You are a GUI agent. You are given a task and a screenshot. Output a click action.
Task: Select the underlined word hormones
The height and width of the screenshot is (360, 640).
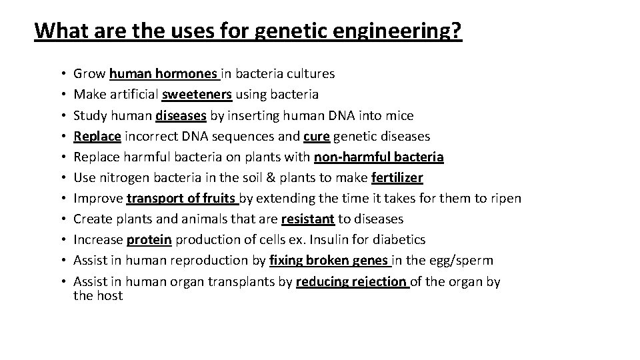tap(189, 74)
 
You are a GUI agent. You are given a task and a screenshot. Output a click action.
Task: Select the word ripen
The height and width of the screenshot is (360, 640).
tap(505, 198)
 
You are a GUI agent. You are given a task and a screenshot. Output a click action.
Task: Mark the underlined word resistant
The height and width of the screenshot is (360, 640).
tap(308, 219)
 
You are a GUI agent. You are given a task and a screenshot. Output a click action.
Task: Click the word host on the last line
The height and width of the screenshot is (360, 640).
tap(109, 295)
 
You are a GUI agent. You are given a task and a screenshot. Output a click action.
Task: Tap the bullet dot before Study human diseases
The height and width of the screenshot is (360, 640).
tap(61, 116)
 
